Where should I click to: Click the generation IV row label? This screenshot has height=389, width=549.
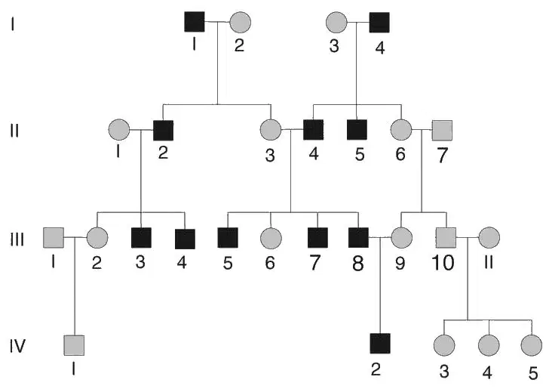(17, 346)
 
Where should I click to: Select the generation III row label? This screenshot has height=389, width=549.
(17, 240)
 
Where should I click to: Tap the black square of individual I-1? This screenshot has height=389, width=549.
(195, 22)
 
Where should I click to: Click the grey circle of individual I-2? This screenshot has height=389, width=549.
(240, 22)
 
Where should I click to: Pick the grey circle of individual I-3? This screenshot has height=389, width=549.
(336, 22)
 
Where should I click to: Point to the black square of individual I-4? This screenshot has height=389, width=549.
(379, 23)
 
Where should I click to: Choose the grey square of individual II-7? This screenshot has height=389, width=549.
(442, 130)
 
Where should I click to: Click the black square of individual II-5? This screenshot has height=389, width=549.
(357, 130)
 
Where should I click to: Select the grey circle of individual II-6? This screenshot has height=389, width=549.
(401, 130)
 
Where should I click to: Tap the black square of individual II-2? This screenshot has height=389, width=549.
(163, 131)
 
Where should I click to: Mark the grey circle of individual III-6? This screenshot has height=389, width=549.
(271, 238)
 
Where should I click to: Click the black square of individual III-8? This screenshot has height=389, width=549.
(358, 237)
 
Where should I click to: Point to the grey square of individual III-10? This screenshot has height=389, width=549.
(446, 237)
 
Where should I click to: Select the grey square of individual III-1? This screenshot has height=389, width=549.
(54, 237)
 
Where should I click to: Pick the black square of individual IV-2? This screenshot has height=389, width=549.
(380, 344)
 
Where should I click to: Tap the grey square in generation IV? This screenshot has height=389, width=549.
(74, 345)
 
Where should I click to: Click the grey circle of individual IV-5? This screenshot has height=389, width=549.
(532, 345)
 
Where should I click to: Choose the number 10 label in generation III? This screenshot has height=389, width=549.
(443, 262)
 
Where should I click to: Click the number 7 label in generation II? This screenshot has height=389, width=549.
(443, 156)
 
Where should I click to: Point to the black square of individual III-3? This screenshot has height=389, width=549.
(141, 238)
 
